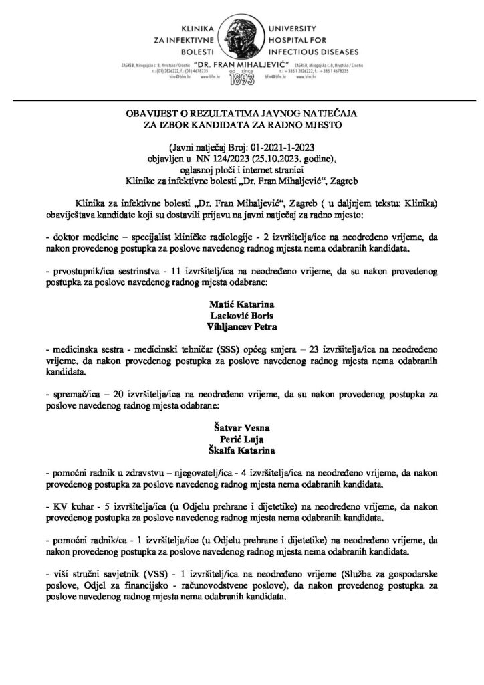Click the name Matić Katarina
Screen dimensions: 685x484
[x=241, y=304]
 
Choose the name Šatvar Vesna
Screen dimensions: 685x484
[x=241, y=423]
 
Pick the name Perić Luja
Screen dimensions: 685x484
[x=241, y=435]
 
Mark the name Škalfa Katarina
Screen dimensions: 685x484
[x=241, y=446]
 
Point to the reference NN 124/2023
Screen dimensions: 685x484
[x=218, y=159]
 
